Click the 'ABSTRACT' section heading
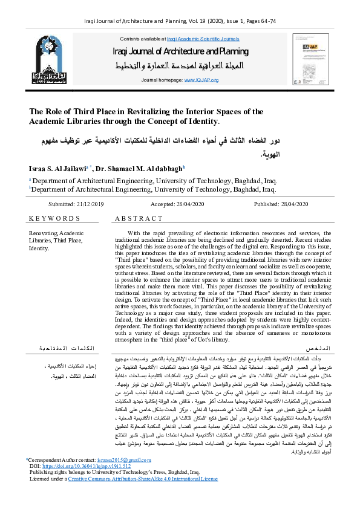(x=139, y=218)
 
